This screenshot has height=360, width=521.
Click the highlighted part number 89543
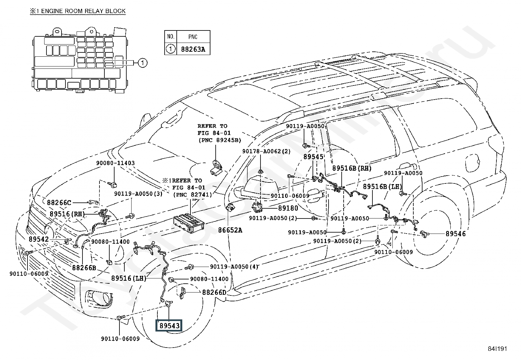point(170,326)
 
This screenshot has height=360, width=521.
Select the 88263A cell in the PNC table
point(193,49)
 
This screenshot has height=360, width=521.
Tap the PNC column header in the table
point(193,37)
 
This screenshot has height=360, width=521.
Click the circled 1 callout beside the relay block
point(142,63)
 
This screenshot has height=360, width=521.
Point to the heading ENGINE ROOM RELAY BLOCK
point(78,11)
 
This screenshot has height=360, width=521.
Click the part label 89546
point(456,234)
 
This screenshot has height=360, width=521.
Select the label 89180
point(288,208)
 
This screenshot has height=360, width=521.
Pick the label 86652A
point(230,230)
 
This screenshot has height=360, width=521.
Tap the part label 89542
point(39,239)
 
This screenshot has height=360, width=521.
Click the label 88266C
point(59,203)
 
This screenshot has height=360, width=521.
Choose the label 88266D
point(214,292)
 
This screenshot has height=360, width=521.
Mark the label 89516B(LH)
point(383,186)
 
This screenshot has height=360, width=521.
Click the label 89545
point(313,157)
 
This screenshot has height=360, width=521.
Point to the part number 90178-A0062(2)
point(266,151)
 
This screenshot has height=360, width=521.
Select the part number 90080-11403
point(116,163)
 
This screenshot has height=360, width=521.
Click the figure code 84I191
point(497,349)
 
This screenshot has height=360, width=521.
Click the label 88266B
point(84,268)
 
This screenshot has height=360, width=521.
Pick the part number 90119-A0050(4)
point(234,267)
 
